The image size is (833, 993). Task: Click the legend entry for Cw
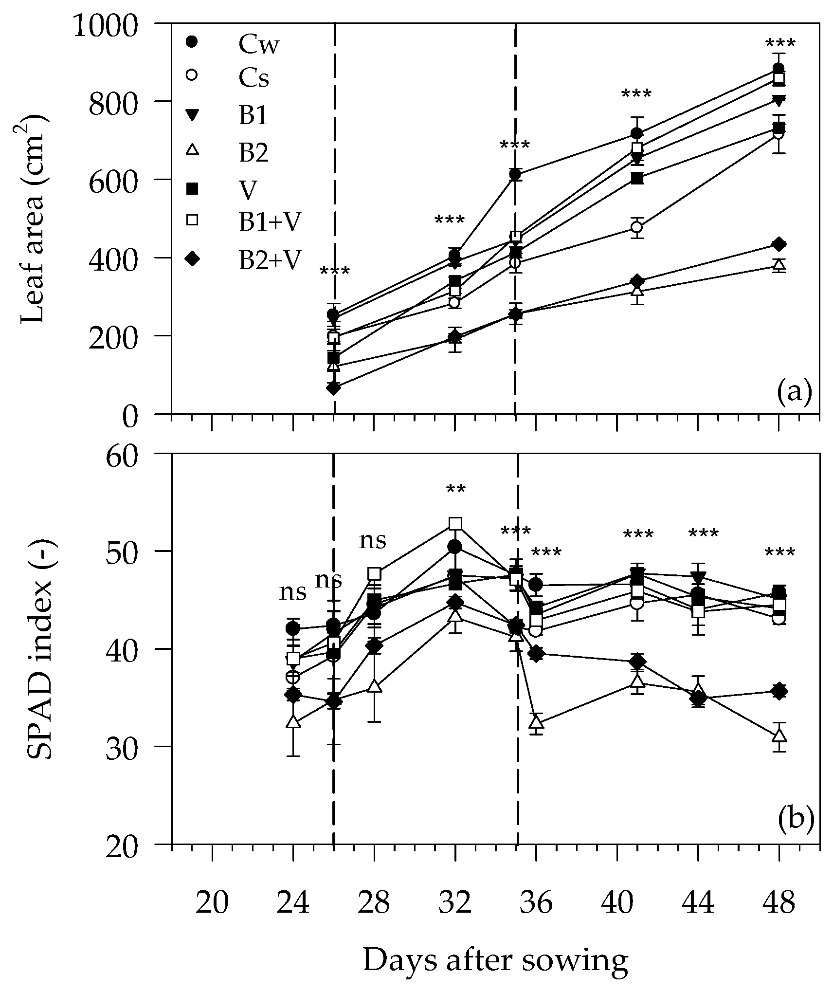pyautogui.click(x=258, y=45)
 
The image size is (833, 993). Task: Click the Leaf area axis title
pyautogui.click(x=34, y=219)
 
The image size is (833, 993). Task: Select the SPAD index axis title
pyautogui.click(x=39, y=647)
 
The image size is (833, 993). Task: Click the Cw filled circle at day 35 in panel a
pyautogui.click(x=516, y=174)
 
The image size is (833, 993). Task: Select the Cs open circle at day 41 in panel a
pyautogui.click(x=637, y=227)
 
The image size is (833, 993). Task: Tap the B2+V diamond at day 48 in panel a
pyautogui.click(x=779, y=244)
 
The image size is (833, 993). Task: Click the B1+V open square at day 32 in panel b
pyautogui.click(x=455, y=524)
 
